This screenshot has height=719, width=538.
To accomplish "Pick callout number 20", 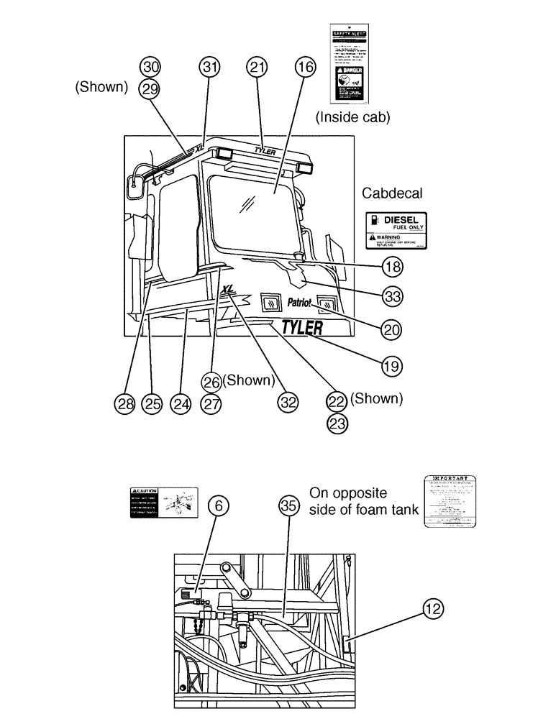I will pyautogui.click(x=392, y=330).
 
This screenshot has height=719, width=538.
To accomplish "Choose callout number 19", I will pyautogui.click(x=391, y=365).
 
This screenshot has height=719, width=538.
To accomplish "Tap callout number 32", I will pyautogui.click(x=288, y=403).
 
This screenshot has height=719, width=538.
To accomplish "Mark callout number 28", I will pyautogui.click(x=124, y=403).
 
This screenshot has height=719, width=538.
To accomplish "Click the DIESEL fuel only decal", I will pyautogui.click(x=397, y=230).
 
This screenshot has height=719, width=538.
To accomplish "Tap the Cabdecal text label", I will pyautogui.click(x=392, y=193).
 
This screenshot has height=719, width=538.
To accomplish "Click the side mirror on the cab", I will pyautogui.click(x=134, y=186).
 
